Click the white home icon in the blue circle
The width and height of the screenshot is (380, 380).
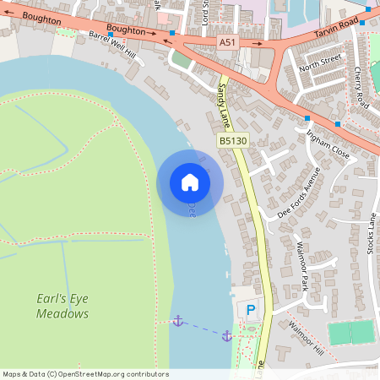(190, 182)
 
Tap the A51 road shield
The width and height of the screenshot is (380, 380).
(227, 41)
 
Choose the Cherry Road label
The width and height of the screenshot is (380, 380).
(361, 87)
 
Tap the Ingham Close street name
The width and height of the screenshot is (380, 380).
(328, 139)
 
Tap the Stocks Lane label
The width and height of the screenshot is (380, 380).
(371, 237)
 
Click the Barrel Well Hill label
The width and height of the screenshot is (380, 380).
(111, 44)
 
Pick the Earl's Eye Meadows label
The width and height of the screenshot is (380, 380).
(62, 306)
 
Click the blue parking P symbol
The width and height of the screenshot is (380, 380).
(250, 311)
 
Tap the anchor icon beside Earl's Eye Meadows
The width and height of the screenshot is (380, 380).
(177, 321)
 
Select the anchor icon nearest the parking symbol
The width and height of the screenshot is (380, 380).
(226, 336)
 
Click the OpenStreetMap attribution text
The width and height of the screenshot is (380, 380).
(85, 374)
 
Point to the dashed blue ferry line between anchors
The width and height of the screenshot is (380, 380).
(202, 328)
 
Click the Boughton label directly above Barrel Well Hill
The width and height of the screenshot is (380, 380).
(126, 30)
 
